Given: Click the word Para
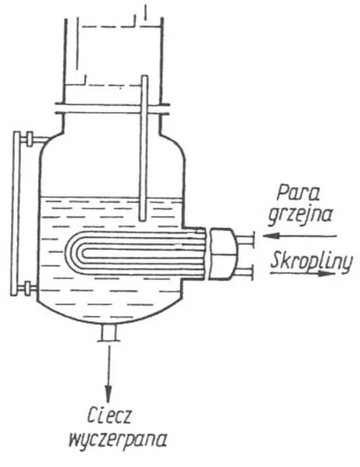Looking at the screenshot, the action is point(298,193).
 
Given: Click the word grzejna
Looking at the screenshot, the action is point(300,216).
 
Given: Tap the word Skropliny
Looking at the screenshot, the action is point(311,261).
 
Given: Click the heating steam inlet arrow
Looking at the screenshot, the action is point(299,236).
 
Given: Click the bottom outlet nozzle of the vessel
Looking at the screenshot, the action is point(108,333).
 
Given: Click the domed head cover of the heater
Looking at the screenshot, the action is point(224,254).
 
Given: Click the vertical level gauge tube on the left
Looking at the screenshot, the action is point(15,213).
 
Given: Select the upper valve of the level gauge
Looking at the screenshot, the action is point(29,139).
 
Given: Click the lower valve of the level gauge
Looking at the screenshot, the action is point(28,288).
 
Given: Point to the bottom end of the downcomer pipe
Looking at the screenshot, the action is point(144,221).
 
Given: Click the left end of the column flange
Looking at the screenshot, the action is point(56,108).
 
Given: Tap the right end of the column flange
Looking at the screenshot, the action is point(169,109).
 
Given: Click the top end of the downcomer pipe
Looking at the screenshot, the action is point(145,76).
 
